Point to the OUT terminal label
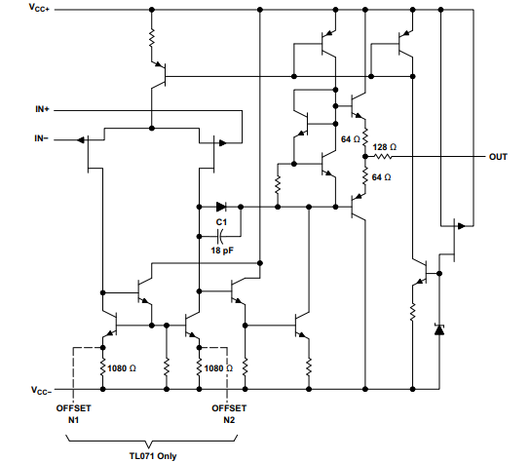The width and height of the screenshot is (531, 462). coord(498,156)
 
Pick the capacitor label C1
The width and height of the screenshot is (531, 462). coord(221,223)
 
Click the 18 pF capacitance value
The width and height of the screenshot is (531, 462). coord(222,250)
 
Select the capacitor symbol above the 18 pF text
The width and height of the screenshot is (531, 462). coord(222,235)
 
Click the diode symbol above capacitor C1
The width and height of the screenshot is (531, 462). coord(221,207)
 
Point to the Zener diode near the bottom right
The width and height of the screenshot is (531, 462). coord(438,330)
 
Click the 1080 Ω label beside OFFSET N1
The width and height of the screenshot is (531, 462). coord(124,367)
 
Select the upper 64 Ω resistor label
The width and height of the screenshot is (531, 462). coord(352,139)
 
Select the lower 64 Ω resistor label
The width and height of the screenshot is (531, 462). coord(381,176)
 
